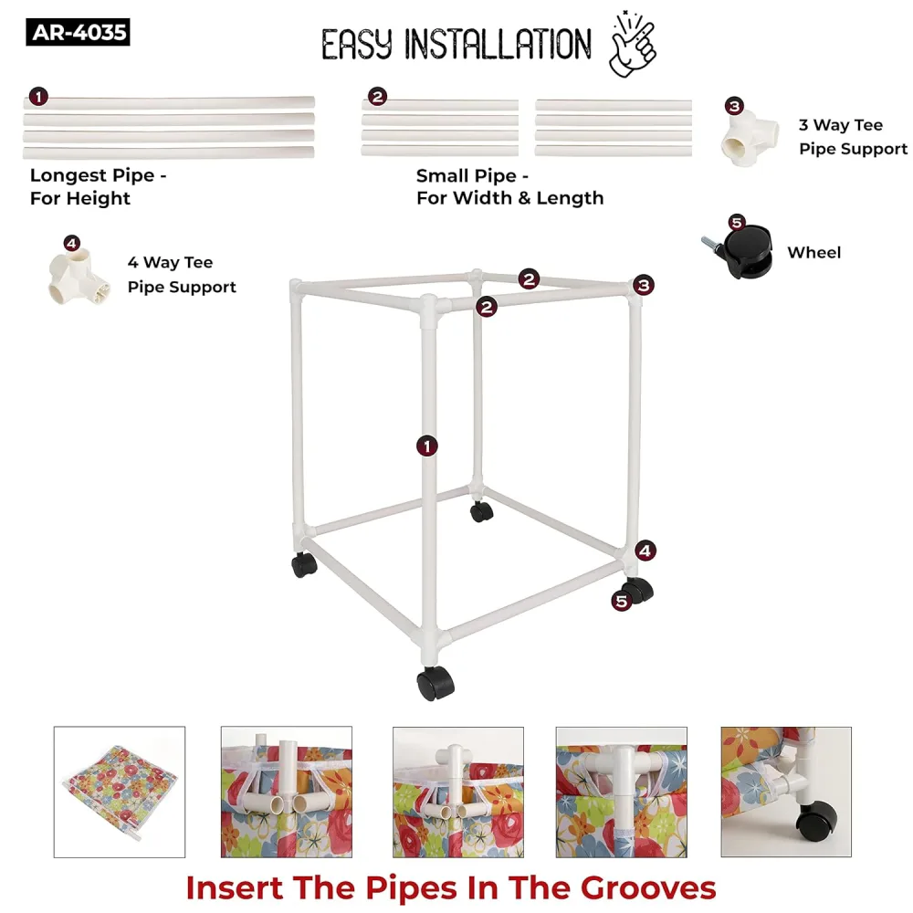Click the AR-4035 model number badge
(78, 32)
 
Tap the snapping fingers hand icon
(633, 44)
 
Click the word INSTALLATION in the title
(498, 44)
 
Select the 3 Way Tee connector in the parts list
(749, 139)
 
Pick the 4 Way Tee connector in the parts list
(79, 278)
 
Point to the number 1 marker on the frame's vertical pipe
(426, 446)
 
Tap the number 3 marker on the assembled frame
(644, 285)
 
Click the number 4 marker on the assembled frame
(645, 551)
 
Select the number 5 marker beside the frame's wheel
(621, 601)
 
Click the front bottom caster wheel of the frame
(436, 683)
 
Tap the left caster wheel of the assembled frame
(304, 564)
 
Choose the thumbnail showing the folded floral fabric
(120, 792)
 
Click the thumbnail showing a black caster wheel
(786, 792)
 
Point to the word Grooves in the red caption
(648, 889)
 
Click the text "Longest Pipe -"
(99, 175)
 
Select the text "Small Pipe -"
(472, 176)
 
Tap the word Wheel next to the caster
(814, 253)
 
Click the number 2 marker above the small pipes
(377, 97)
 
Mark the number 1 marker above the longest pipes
(38, 97)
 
